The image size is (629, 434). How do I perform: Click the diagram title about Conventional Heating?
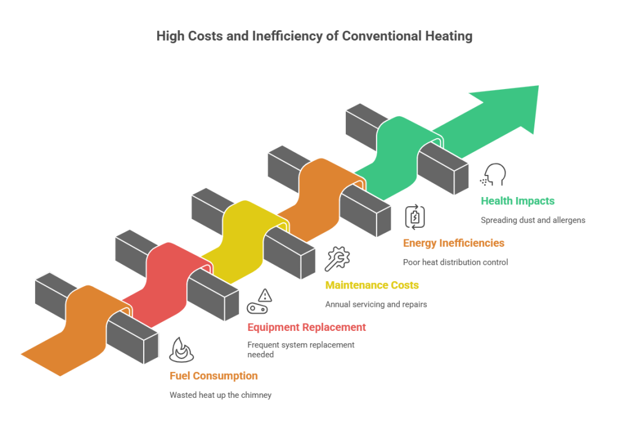pyautogui.click(x=314, y=36)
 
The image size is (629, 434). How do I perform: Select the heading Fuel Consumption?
pyautogui.click(x=214, y=376)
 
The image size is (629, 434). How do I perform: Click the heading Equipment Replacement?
pyautogui.click(x=307, y=327)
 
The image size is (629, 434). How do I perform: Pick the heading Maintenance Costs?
pyautogui.click(x=372, y=285)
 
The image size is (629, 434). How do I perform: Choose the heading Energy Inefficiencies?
pyautogui.click(x=454, y=243)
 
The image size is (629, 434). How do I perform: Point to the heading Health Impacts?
pyautogui.click(x=518, y=201)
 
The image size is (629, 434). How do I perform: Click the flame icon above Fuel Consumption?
pyautogui.click(x=181, y=349)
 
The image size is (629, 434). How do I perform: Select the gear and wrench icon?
pyautogui.click(x=336, y=258)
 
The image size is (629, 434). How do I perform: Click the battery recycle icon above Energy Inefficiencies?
pyautogui.click(x=413, y=217)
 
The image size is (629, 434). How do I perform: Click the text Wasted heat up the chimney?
pyautogui.click(x=221, y=395)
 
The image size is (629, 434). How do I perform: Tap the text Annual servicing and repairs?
pyautogui.click(x=375, y=304)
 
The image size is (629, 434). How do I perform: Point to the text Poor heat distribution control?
pyautogui.click(x=456, y=262)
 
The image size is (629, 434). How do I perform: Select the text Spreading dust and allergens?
pyautogui.click(x=533, y=220)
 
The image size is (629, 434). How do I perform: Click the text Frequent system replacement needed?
pyautogui.click(x=300, y=349)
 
